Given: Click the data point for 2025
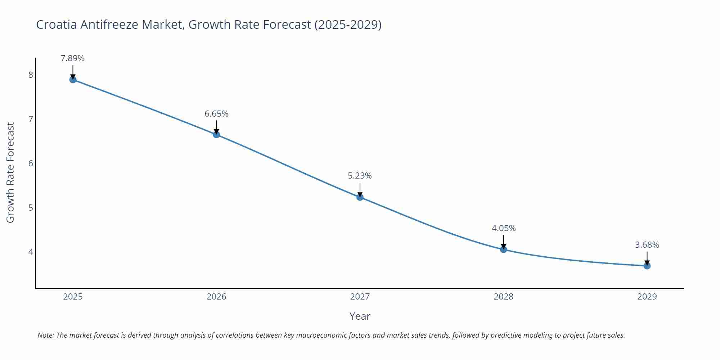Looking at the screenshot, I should coord(73,80).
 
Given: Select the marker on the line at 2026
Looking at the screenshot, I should coord(216,135).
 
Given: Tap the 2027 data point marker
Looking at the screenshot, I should coord(360,197).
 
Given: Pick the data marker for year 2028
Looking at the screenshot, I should coord(503,249).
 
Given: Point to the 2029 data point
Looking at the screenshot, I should coord(647,266).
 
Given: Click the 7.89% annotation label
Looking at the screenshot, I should coord(72,58).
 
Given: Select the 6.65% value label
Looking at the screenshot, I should coord(216,114).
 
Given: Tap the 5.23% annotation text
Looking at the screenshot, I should coord(360,176).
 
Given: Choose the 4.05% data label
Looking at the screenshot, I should coord(503,228).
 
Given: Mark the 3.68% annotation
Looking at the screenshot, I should coord(647,245).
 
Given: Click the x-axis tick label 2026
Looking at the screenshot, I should coord(216,297).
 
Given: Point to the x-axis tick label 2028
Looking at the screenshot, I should coord(503,297).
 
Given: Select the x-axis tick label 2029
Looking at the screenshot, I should coord(647,297).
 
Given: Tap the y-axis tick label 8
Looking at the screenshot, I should coord(31,75).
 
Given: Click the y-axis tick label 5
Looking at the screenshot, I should coord(31,208).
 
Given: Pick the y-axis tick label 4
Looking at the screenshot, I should coord(31,252).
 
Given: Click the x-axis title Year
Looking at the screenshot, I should coord(360,316).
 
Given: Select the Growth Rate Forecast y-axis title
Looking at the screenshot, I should coord(10,173).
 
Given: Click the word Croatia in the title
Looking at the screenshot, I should coord(57,24).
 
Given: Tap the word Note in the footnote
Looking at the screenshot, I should coord(45,335).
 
